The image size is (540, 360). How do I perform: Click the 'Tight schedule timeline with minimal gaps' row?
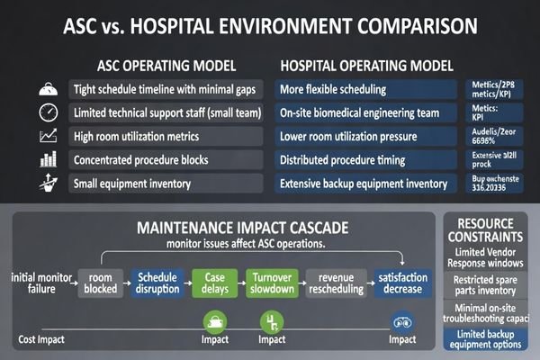(166, 90)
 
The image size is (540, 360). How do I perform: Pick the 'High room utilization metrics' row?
(166, 137)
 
